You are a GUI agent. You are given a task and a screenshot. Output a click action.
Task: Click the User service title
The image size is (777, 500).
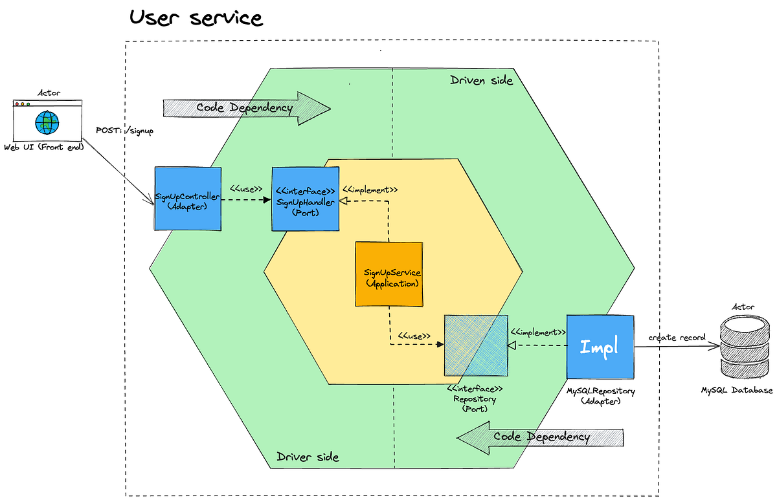[196, 17]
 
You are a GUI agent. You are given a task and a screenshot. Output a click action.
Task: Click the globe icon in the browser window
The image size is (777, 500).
[47, 122]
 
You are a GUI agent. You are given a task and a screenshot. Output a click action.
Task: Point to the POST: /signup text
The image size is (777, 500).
[124, 131]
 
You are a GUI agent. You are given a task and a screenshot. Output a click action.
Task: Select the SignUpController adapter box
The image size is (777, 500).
[188, 198]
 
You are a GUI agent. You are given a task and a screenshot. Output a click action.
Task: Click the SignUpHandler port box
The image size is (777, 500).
[305, 199]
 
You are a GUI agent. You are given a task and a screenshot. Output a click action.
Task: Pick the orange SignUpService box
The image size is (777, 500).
[388, 274]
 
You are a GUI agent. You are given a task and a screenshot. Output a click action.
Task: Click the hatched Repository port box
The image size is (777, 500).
[475, 345]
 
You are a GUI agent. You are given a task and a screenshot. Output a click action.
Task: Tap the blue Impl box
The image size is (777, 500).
[600, 347]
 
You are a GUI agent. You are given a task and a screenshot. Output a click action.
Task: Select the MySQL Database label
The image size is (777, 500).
[737, 391]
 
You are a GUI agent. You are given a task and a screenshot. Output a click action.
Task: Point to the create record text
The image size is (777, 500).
[677, 338]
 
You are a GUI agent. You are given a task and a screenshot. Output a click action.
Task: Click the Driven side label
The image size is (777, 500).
[481, 80]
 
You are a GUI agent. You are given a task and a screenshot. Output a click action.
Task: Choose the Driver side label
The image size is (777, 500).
[308, 457]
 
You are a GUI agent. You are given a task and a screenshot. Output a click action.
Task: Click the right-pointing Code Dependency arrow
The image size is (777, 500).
[247, 108]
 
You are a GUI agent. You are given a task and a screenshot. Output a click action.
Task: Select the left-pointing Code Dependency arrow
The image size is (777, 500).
[540, 437]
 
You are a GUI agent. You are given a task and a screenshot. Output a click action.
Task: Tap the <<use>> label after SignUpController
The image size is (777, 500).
[246, 190]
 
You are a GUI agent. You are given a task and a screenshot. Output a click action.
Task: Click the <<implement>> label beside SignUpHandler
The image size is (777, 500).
[369, 190]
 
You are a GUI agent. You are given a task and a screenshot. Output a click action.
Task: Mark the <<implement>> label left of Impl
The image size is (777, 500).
[538, 332]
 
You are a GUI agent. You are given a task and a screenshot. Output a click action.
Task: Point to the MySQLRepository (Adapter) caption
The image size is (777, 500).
[602, 396]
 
